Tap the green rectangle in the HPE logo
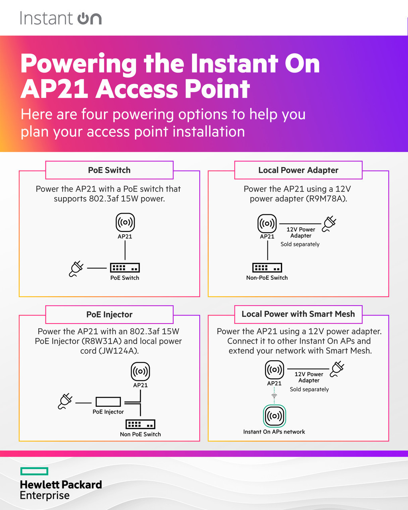(x=34, y=471)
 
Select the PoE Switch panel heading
(x=109, y=170)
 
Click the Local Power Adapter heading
(x=298, y=170)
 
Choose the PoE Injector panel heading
(x=109, y=314)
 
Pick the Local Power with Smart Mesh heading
(x=298, y=314)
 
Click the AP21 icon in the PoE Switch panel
(x=125, y=222)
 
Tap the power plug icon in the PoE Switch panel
(x=76, y=269)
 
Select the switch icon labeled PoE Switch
(x=125, y=268)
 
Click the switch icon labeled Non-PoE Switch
(x=267, y=267)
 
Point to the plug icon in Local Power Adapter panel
(x=329, y=224)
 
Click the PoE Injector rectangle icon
(x=108, y=402)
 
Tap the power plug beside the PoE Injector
(x=65, y=401)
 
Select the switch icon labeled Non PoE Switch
(x=140, y=424)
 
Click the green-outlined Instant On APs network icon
(x=275, y=416)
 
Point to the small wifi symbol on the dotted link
(x=274, y=396)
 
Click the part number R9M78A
(x=326, y=199)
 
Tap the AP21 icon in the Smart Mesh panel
(x=275, y=370)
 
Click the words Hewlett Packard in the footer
(x=61, y=484)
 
